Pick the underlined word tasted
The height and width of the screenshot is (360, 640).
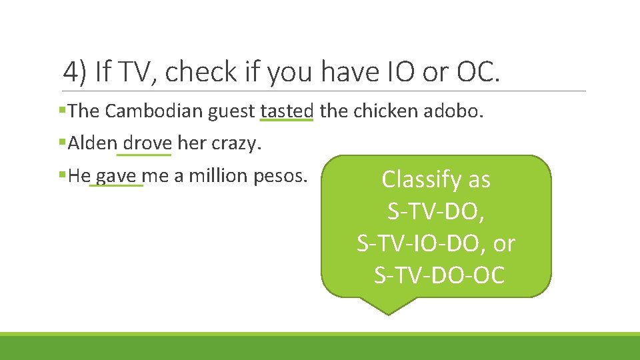click(286, 111)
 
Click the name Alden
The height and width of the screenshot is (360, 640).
click(93, 143)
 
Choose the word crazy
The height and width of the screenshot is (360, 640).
click(235, 143)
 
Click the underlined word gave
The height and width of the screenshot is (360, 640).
click(116, 176)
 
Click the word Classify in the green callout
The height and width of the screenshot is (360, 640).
click(415, 179)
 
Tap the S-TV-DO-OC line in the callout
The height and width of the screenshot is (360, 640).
click(439, 275)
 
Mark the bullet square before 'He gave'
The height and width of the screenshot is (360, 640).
click(62, 176)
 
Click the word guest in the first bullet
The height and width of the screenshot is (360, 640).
click(233, 111)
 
